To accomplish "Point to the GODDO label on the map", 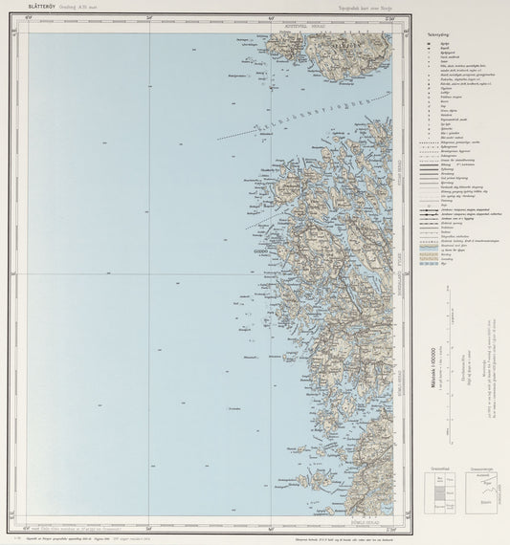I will point(259,252).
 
